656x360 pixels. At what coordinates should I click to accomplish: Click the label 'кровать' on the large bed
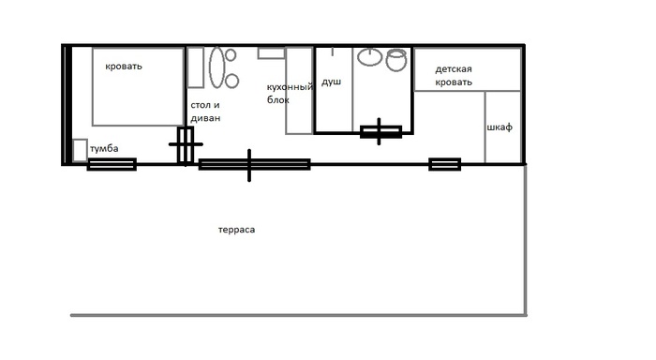(x=124, y=67)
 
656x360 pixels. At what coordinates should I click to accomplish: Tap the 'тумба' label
(x=104, y=149)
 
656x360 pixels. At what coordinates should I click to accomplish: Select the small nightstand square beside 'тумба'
(x=80, y=150)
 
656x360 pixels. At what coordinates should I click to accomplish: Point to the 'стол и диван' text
(x=205, y=112)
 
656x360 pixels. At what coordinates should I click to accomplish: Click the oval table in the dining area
(x=216, y=67)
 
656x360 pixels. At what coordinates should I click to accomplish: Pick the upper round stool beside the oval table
(x=231, y=54)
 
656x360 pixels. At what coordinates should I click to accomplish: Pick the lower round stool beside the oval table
(x=231, y=81)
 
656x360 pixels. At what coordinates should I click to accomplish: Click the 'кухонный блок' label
(x=290, y=94)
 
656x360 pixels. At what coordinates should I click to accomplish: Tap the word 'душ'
(x=331, y=82)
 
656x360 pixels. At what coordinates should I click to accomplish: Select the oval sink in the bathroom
(x=370, y=57)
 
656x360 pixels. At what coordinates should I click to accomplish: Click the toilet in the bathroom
(x=396, y=60)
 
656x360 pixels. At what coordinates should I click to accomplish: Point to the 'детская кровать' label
(x=454, y=76)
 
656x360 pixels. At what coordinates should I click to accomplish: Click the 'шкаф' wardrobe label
(x=499, y=127)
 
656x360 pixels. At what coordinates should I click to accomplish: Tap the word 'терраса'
(x=236, y=230)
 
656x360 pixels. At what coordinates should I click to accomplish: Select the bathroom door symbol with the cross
(x=380, y=132)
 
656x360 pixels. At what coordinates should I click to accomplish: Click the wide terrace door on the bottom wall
(x=254, y=164)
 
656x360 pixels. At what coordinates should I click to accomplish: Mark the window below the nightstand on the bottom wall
(x=112, y=164)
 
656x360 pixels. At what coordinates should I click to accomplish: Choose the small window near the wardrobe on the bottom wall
(x=445, y=164)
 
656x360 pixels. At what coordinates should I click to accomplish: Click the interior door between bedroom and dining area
(x=186, y=144)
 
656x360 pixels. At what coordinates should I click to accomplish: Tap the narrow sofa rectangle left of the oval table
(x=195, y=67)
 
